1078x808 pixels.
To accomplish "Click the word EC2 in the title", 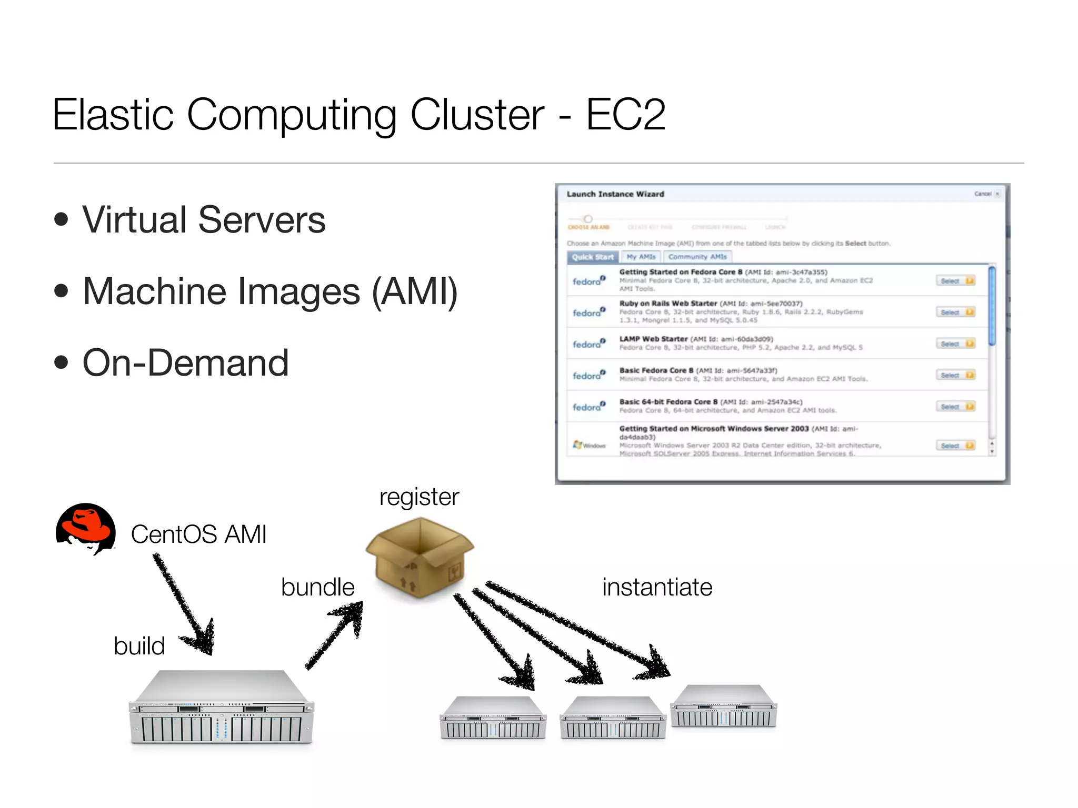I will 625,114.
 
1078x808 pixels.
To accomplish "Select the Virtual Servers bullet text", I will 204,220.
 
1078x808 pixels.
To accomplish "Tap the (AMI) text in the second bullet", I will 415,291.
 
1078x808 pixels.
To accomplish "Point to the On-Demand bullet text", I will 185,363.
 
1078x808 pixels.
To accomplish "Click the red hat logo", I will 86,528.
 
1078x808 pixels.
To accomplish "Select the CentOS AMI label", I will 198,534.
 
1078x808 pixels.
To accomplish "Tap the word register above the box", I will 419,497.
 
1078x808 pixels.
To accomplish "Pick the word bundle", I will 317,587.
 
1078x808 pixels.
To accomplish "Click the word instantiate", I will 657,587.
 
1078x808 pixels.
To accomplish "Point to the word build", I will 139,646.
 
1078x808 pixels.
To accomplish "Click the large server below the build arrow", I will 221,708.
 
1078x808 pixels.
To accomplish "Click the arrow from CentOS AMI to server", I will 184,605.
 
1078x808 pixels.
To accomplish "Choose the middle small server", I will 612,718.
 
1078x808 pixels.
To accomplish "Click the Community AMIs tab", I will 697,257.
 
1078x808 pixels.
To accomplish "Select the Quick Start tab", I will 593,257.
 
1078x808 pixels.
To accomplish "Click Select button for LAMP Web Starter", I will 955,344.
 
